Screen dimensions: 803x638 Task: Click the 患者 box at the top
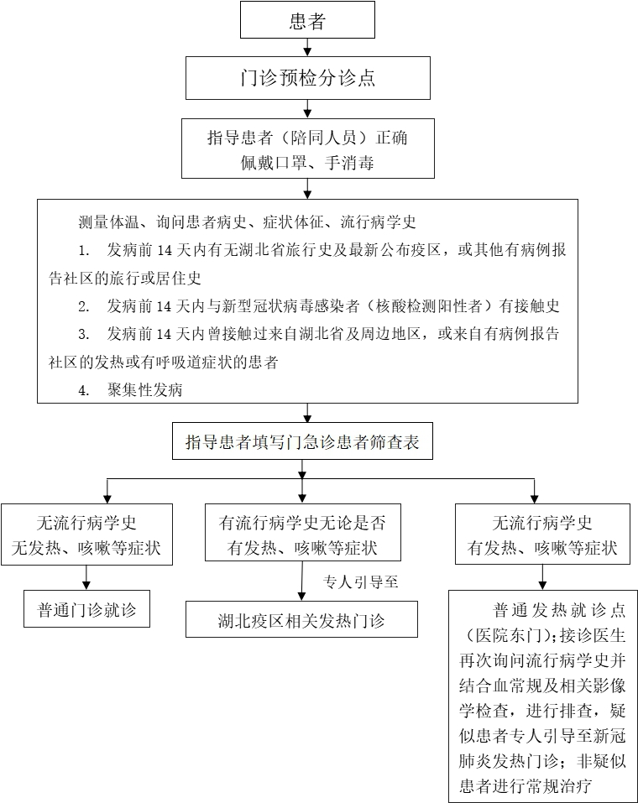tap(307, 20)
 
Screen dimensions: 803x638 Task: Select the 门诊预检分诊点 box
tap(307, 78)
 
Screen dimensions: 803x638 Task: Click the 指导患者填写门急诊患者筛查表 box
tap(302, 442)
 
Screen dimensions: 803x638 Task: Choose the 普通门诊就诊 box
tap(86, 609)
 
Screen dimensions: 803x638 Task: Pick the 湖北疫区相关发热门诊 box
tap(301, 622)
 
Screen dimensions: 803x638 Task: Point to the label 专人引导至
tap(360, 581)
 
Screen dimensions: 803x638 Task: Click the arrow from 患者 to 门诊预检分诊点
tap(307, 47)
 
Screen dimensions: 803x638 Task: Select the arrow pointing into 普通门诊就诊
tap(86, 577)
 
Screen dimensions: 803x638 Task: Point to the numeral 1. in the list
tap(84, 251)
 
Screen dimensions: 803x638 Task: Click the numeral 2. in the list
tap(84, 306)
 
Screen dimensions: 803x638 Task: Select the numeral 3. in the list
tap(84, 334)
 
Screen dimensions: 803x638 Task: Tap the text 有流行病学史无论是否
tap(302, 523)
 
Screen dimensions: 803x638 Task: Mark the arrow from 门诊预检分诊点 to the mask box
tap(307, 108)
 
